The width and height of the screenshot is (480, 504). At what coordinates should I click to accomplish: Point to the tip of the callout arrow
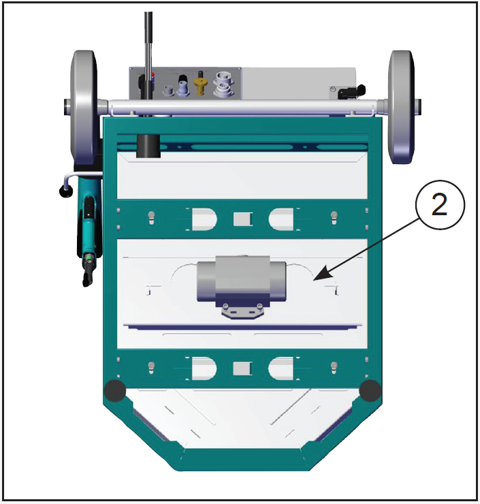pos(315,279)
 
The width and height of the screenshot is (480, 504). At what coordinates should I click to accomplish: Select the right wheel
pos(402,107)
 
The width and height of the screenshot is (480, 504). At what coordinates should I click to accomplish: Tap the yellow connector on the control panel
pos(200,84)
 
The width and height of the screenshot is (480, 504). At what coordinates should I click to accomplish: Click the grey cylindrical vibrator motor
pos(241,279)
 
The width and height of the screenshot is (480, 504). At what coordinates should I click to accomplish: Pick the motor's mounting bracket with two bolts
pos(242,311)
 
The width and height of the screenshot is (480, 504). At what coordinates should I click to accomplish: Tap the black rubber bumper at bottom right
pos(370,390)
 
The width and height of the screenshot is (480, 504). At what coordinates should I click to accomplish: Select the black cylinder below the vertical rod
pos(147,146)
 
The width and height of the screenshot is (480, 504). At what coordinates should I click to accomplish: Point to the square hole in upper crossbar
pos(242,219)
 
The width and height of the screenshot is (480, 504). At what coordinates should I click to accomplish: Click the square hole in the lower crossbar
pos(242,368)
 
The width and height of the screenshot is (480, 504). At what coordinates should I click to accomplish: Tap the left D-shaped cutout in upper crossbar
pos(204,219)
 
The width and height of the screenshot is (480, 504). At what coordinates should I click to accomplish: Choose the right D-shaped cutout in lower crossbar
pos(281,368)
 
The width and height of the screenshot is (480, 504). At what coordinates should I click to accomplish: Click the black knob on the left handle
pos(66,193)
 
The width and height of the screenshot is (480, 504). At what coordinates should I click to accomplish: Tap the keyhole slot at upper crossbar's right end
pos(334,217)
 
